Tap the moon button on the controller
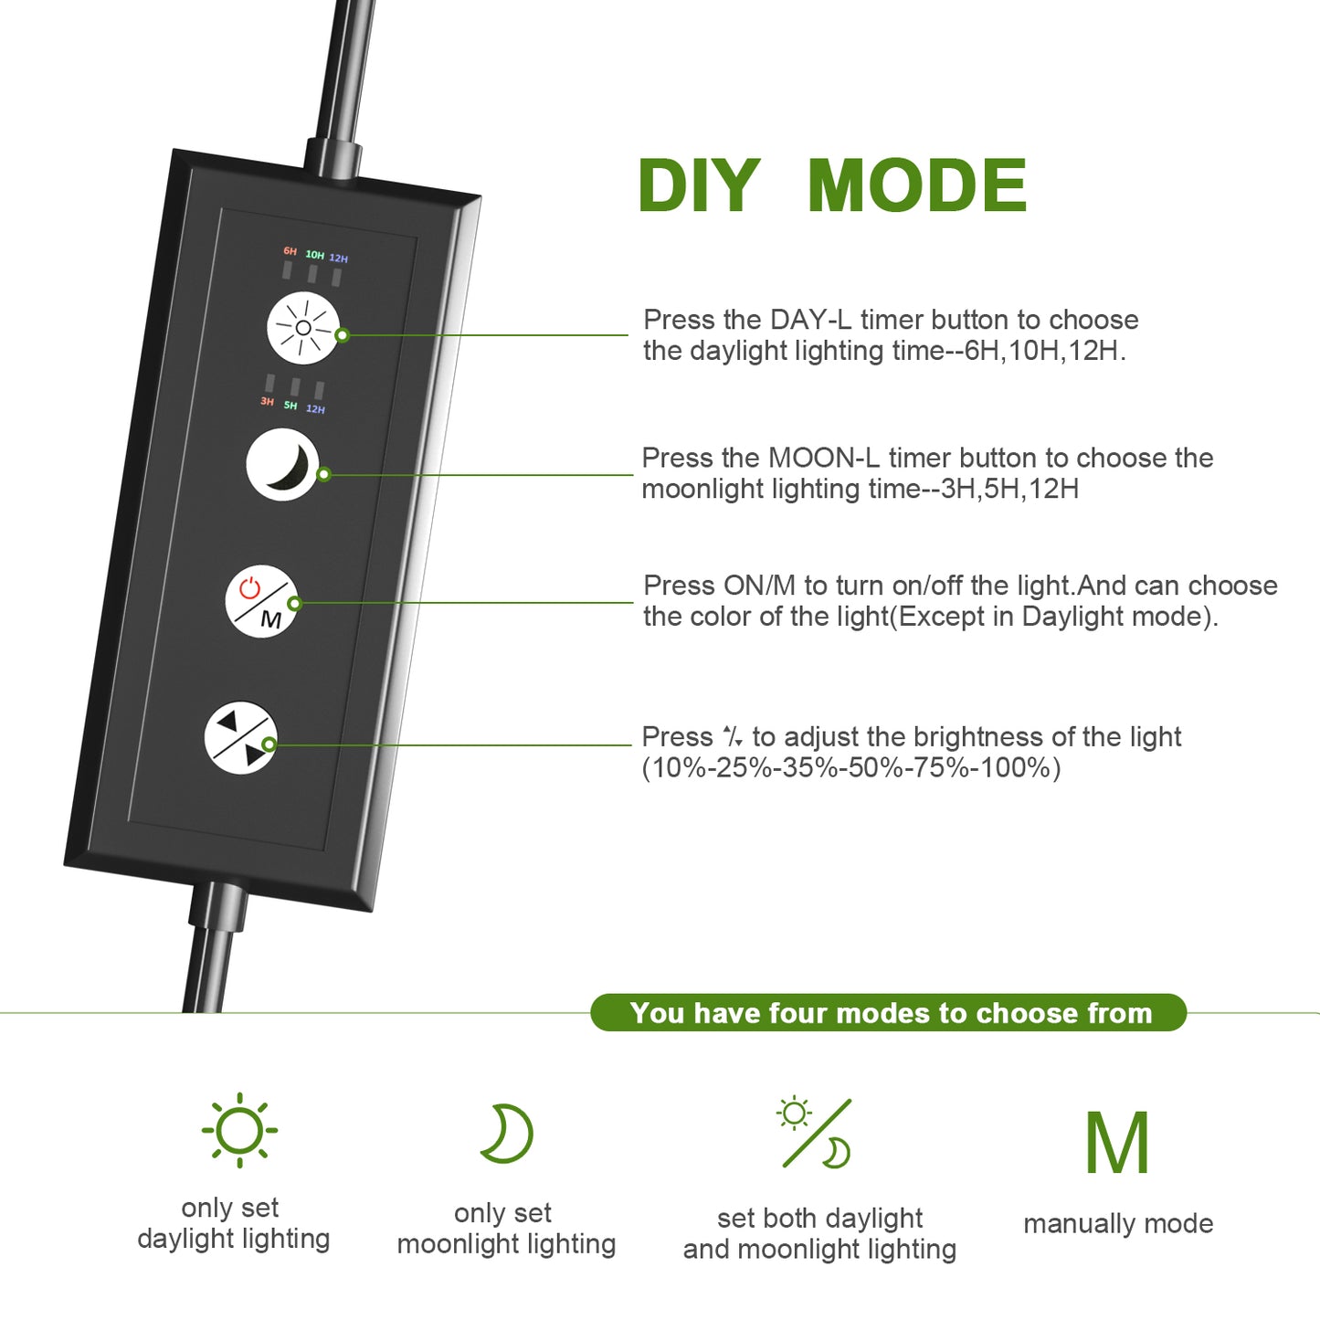283,464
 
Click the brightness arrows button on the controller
241,738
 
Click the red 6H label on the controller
290,251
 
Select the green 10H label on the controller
314,255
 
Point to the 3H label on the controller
267,401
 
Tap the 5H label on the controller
290,406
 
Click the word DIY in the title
699,185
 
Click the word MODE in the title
917,185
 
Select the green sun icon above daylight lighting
239,1130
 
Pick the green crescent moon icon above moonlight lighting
507,1134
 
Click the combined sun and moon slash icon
815,1134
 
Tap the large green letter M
1117,1142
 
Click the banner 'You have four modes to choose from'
889,1012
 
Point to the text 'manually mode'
1118,1223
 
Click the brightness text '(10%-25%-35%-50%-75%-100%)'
851,768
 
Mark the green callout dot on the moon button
324,474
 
